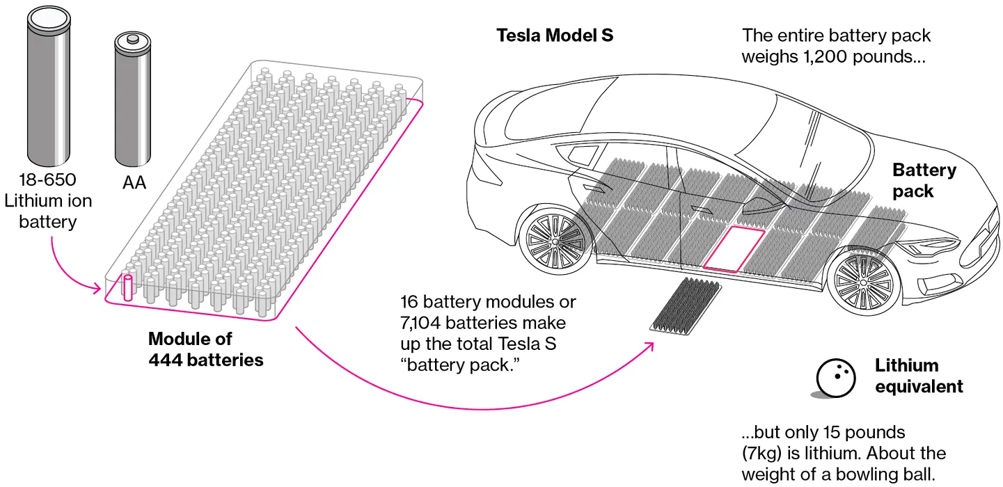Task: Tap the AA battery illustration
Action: coord(132,102)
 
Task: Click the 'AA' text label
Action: coord(134,183)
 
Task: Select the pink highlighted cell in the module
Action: coord(127,288)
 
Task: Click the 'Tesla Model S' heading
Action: coord(555,35)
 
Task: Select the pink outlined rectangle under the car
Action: coord(733,248)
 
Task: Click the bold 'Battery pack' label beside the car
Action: coord(924,180)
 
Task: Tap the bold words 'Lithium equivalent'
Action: coord(918,376)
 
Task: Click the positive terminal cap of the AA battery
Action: coord(132,40)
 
